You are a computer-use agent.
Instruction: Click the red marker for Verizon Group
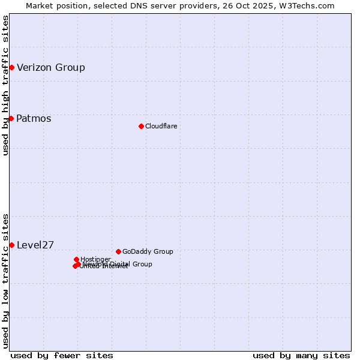[x=11, y=67]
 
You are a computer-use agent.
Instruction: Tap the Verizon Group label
[x=51, y=67]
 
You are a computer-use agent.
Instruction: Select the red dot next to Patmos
[x=11, y=118]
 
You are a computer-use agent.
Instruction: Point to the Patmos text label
[x=34, y=118]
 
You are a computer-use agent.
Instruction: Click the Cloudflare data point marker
[x=141, y=126]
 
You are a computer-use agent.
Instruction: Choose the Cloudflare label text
[x=161, y=126]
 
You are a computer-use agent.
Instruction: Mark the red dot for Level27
[x=11, y=245]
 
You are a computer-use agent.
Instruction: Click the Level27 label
[x=35, y=245]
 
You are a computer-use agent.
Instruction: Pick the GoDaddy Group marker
[x=118, y=251]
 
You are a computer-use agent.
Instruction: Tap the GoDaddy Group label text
[x=148, y=251]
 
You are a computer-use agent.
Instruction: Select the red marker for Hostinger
[x=76, y=259]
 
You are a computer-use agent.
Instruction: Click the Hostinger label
[x=95, y=259]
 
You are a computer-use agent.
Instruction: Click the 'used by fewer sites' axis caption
[x=62, y=355]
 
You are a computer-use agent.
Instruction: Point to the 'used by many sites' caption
[x=301, y=355]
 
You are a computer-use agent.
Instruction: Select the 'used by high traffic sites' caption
[x=5, y=85]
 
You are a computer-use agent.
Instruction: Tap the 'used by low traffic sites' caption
[x=5, y=280]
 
